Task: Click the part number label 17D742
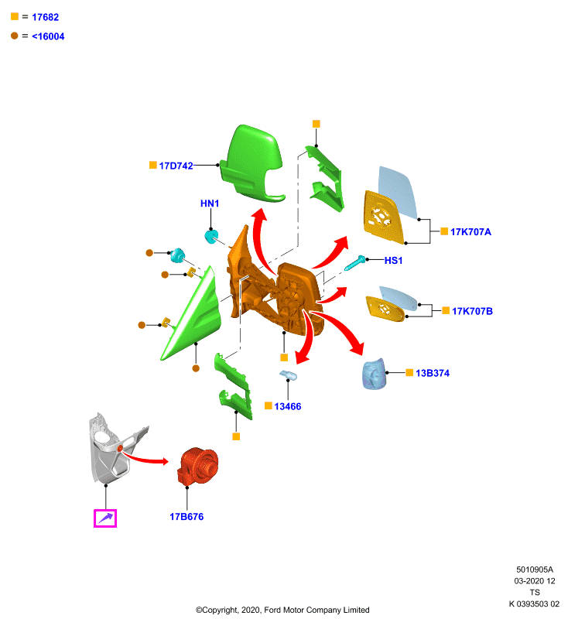pos(176,166)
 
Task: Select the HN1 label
pos(210,203)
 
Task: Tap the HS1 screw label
pos(394,261)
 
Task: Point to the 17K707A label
pos(471,231)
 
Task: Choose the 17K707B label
pos(473,311)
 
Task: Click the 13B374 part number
pos(433,373)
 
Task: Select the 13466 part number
pos(288,406)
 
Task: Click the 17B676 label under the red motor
pos(186,517)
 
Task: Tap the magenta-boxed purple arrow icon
pos(105,518)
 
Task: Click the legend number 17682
pos(46,17)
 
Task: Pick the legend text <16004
pos(48,36)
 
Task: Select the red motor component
pos(198,467)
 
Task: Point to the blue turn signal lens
pos(374,374)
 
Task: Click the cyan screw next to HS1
pos(355,263)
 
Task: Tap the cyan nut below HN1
pos(211,237)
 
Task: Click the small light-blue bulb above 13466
pos(289,375)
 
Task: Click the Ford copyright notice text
pos(282,610)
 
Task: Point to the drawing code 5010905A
pos(535,569)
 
